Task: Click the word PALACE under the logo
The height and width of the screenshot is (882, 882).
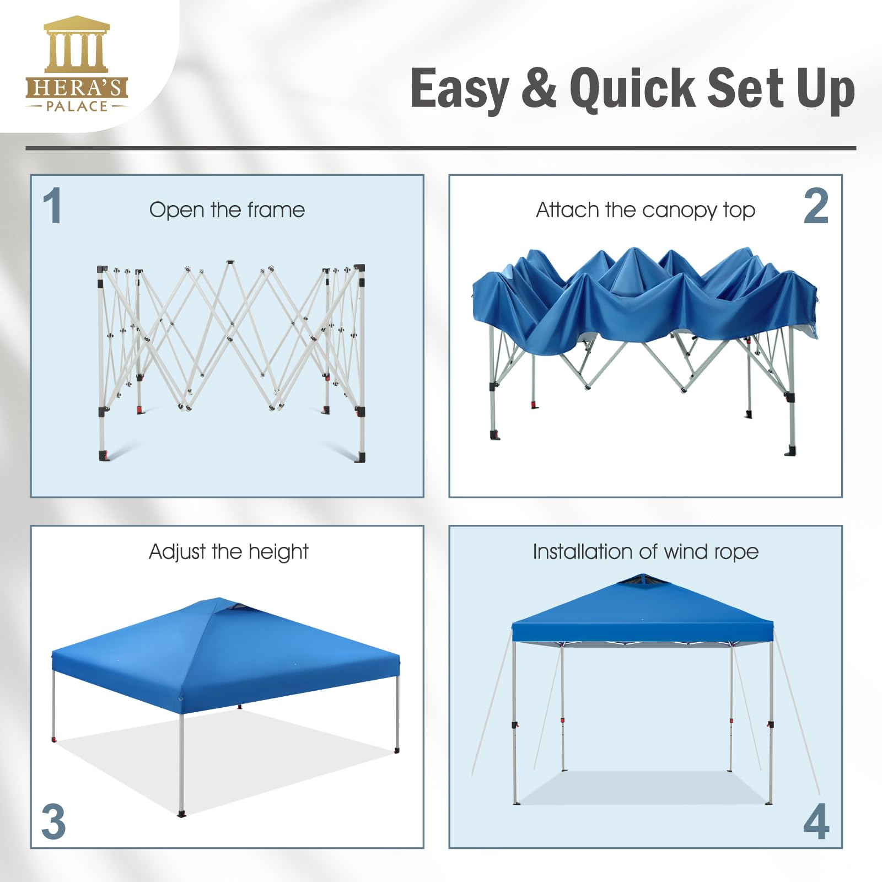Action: click(77, 106)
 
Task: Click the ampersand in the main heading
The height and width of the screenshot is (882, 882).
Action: click(539, 88)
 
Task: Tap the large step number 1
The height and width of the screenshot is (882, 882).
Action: click(53, 206)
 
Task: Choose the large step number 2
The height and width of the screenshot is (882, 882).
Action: click(816, 206)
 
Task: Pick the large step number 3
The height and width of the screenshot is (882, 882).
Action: click(53, 822)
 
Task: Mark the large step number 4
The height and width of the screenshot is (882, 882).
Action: click(816, 821)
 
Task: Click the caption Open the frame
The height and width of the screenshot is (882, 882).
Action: click(227, 210)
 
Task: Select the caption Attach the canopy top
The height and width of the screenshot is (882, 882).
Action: click(646, 211)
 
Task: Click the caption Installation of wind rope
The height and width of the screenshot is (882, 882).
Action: click(646, 552)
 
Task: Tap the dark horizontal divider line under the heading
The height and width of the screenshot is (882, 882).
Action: click(441, 148)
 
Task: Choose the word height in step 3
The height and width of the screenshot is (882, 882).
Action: click(278, 552)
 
